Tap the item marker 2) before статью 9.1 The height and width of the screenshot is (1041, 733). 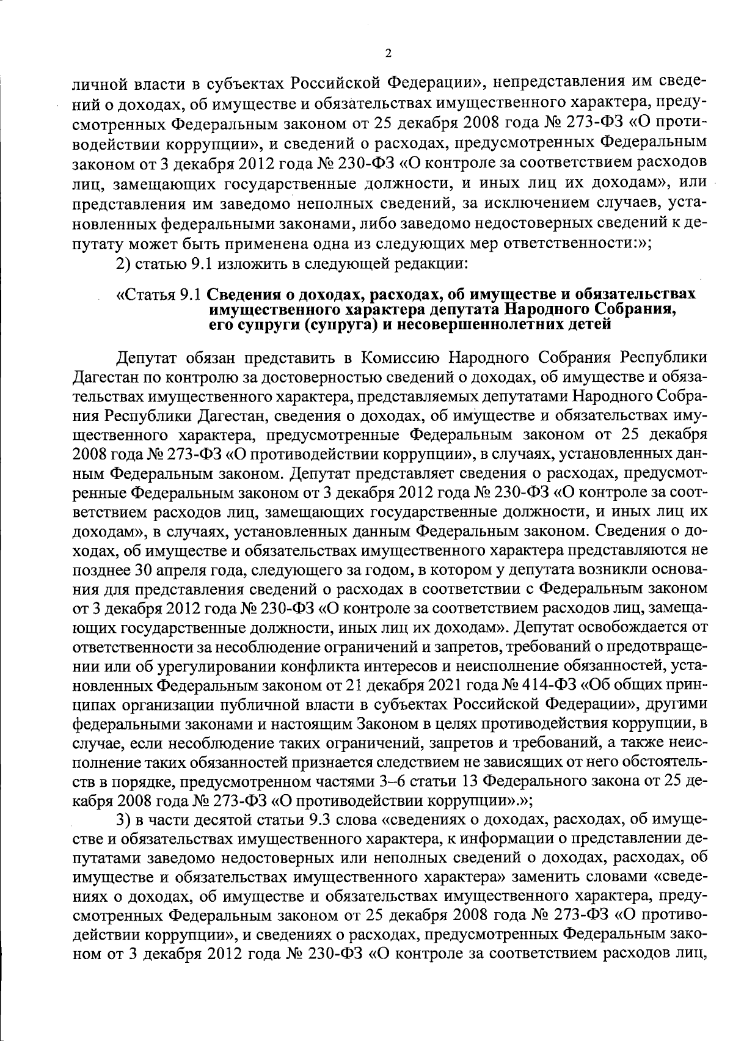[123, 265]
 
